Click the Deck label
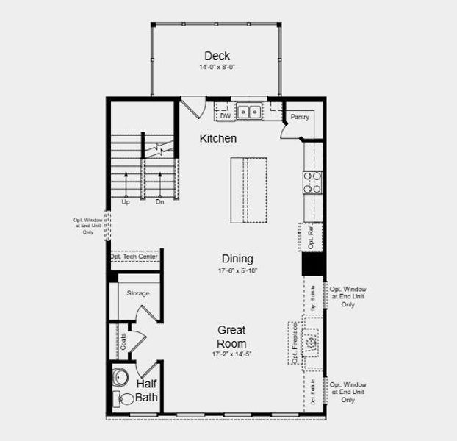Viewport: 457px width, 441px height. (x=217, y=56)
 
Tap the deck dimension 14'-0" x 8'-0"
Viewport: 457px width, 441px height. (x=217, y=67)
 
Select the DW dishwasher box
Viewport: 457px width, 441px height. (x=225, y=115)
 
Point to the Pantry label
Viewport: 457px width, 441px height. (x=299, y=117)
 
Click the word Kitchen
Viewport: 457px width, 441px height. (x=218, y=138)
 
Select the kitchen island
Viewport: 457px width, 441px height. (x=248, y=190)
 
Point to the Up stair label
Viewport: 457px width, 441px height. (x=126, y=202)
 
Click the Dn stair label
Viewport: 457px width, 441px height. (x=159, y=202)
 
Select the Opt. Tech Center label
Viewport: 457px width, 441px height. (x=134, y=257)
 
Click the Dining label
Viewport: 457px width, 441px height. (x=237, y=259)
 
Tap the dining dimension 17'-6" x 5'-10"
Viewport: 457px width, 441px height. (x=237, y=270)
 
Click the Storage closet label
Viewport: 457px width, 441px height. (x=138, y=293)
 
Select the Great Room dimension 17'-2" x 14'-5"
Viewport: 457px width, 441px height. (x=231, y=355)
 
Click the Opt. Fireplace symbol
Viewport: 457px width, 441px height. (x=312, y=343)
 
